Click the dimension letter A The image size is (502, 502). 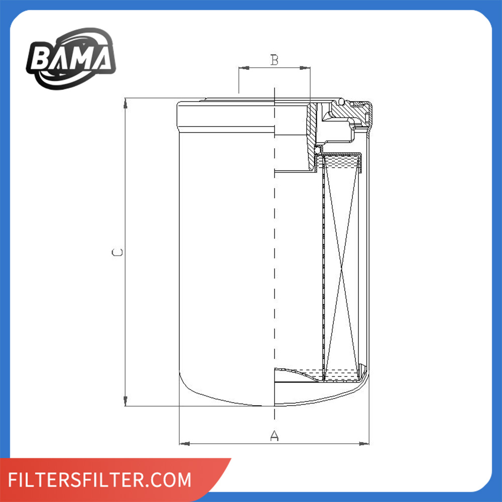(x=275, y=436)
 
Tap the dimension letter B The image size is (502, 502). (x=275, y=60)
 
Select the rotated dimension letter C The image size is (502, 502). (x=117, y=253)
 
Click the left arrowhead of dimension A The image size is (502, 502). (x=184, y=444)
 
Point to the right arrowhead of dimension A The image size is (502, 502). (x=364, y=444)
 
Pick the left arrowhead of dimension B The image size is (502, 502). (x=244, y=68)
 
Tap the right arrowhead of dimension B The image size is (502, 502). (x=305, y=68)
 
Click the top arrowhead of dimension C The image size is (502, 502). (x=125, y=103)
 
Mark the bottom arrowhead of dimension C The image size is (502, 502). (x=125, y=401)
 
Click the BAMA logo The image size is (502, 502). (x=71, y=59)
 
